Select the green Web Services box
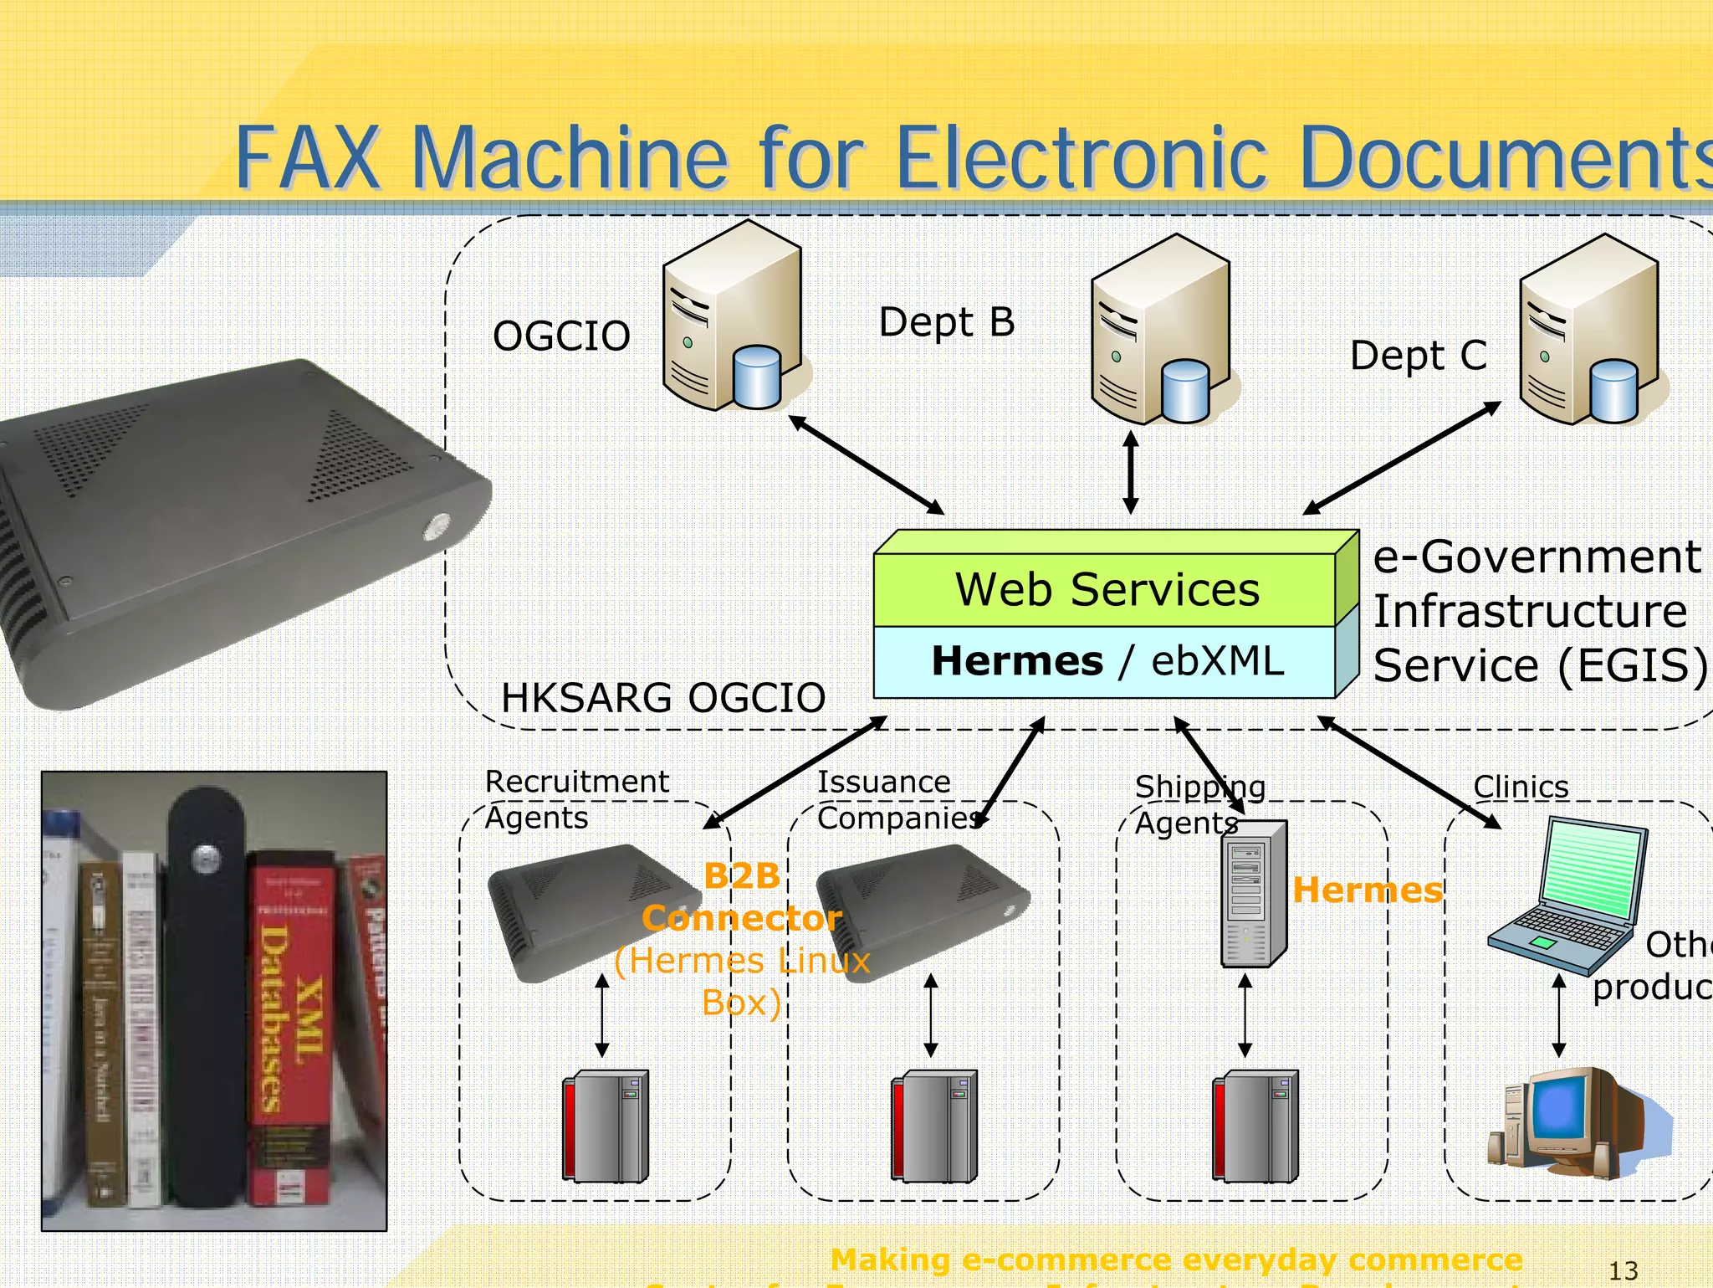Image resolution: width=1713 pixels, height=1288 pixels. click(x=1106, y=589)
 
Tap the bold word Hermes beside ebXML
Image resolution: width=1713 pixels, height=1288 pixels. click(x=1017, y=661)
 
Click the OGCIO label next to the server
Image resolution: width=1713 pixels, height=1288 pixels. click(x=561, y=336)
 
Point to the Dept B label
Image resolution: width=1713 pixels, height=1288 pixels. click(x=947, y=322)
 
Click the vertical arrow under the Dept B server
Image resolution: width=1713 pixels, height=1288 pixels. click(x=1131, y=472)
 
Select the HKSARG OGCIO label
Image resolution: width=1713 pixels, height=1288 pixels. click(x=662, y=698)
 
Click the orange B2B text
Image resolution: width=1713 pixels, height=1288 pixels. click(x=741, y=876)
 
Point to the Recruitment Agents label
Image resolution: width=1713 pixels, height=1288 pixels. click(x=575, y=799)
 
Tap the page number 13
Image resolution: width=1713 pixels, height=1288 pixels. click(x=1624, y=1270)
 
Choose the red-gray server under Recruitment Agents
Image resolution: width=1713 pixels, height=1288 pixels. click(x=605, y=1126)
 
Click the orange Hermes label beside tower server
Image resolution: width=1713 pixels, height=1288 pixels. click(x=1368, y=890)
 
